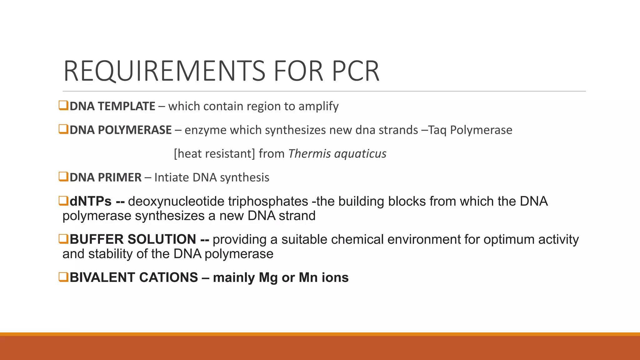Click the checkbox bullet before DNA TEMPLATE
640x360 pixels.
pyautogui.click(x=63, y=105)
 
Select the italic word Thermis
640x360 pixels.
pyautogui.click(x=309, y=154)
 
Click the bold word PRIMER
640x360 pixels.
pyautogui.click(x=120, y=177)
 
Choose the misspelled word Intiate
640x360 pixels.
pyautogui.click(x=172, y=177)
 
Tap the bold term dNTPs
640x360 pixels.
pyautogui.click(x=91, y=201)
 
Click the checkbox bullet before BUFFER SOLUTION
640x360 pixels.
pyautogui.click(x=63, y=239)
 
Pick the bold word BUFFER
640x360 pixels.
pyautogui.click(x=97, y=239)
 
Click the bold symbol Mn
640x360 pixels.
pyautogui.click(x=308, y=277)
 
